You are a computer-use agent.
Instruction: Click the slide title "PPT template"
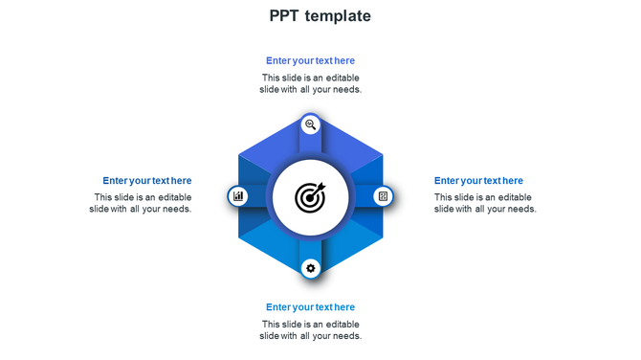(320, 16)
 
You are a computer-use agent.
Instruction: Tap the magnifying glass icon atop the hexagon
(310, 124)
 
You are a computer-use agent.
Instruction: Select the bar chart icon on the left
(238, 196)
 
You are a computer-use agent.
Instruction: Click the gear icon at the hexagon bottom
(310, 268)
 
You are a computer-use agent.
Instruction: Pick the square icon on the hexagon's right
(383, 196)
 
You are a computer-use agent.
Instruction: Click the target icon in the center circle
(310, 197)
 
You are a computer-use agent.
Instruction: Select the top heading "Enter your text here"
(310, 60)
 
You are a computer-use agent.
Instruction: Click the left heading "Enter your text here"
(147, 180)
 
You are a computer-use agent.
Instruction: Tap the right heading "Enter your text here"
(478, 180)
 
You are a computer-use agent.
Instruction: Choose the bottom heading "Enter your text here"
(310, 307)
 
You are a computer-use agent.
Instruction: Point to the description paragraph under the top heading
(310, 83)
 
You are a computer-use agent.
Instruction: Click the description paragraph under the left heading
(142, 203)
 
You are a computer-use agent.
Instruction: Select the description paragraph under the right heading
(484, 203)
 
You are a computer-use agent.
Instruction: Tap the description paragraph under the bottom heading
(310, 330)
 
